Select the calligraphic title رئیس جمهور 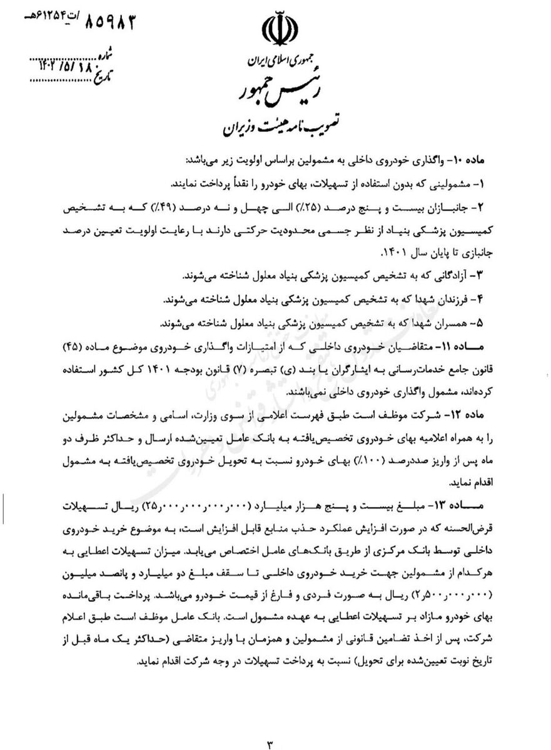pos(276,92)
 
